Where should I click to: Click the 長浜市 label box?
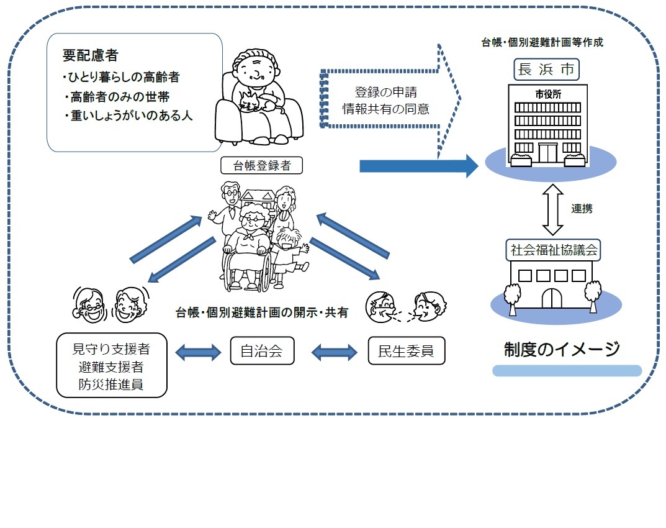coord(546,69)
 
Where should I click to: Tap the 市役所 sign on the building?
coord(546,94)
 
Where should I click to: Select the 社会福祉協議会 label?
coord(546,250)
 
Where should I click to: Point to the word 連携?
coord(582,209)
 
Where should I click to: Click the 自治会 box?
coord(261,352)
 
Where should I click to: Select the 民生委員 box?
coord(406,352)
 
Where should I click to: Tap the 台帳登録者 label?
coord(261,165)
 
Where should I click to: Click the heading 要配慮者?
coord(90,55)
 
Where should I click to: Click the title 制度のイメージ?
coord(562,349)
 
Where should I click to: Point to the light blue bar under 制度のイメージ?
coord(566,371)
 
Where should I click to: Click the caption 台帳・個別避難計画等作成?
coord(542,43)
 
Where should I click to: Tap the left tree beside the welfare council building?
coord(512,296)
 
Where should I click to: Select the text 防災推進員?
coord(112,385)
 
